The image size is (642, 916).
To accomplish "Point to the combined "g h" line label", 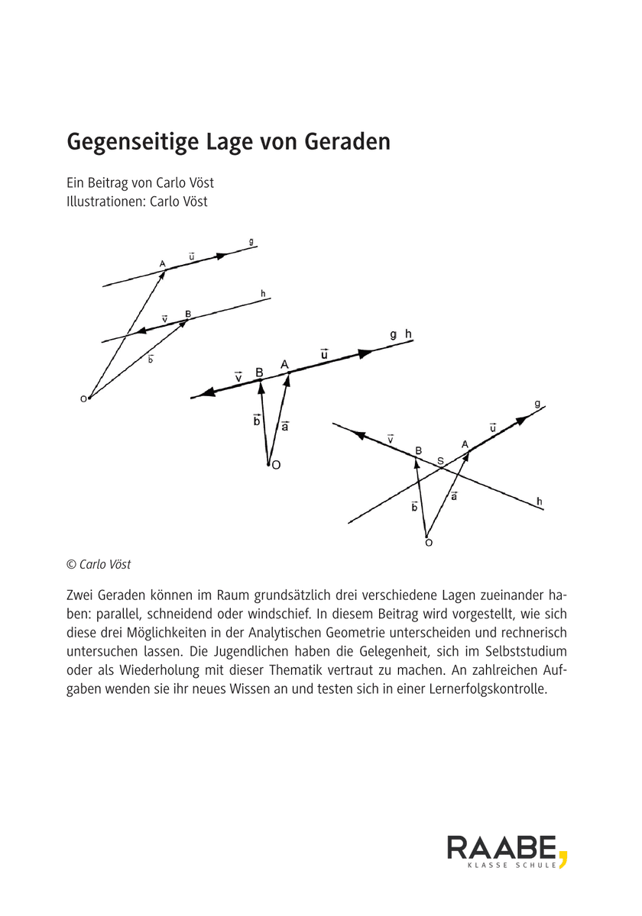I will point(400,334).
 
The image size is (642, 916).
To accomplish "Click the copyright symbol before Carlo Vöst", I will point(71,564).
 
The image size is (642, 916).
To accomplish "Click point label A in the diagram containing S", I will point(464,443).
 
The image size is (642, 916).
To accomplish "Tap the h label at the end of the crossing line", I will point(539,501).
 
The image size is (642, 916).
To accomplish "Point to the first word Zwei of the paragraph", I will point(81,594).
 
